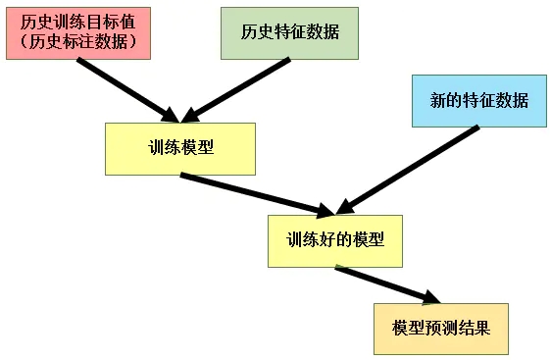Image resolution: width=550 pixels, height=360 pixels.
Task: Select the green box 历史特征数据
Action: [x=290, y=31]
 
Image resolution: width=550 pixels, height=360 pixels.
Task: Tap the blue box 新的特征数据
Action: [x=478, y=100]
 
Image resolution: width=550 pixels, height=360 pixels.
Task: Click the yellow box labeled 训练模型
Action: [x=180, y=149]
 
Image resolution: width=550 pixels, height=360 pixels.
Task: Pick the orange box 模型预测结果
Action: [x=441, y=327]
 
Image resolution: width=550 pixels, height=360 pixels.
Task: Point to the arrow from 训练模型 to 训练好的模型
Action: [x=255, y=192]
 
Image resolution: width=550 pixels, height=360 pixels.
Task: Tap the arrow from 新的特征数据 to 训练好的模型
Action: [x=407, y=167]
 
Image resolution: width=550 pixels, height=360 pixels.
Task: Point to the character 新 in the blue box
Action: [x=437, y=100]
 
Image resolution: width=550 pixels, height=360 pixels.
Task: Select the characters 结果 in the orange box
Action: [x=474, y=327]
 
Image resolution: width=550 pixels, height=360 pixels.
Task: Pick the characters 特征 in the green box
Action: [x=290, y=31]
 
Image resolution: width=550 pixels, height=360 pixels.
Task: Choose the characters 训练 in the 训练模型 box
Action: [x=163, y=149]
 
